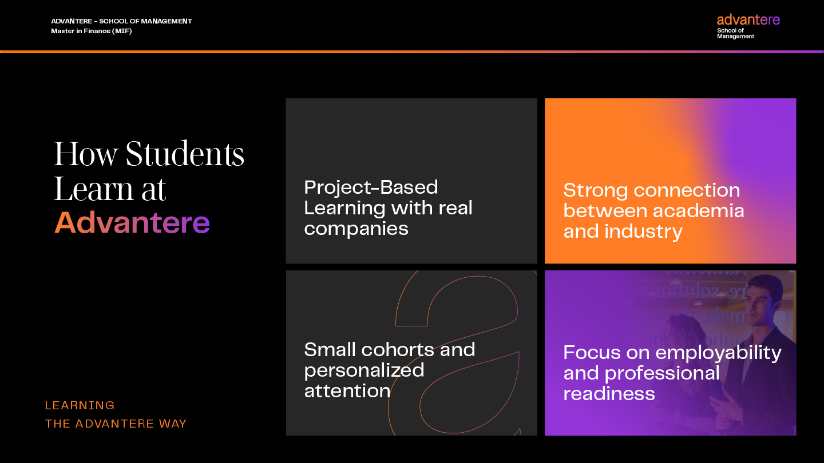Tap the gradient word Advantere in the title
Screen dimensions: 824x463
132,223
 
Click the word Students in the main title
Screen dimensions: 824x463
185,154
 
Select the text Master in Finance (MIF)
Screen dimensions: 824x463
91,31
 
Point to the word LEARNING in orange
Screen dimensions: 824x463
80,405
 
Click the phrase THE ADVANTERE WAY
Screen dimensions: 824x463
116,424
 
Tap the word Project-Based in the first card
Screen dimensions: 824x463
371,187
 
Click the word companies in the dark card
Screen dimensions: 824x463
356,229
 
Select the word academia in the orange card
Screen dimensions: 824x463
698,211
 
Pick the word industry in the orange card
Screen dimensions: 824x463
643,232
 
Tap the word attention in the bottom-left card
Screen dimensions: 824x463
347,390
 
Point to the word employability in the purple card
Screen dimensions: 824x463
719,353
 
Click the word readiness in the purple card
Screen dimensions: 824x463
609,393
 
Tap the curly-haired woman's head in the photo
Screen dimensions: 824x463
685,328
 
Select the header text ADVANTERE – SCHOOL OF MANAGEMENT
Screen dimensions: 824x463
121,21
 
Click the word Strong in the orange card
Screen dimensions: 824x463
596,191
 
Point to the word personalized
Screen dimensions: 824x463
364,370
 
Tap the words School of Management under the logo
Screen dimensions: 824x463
735,33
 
